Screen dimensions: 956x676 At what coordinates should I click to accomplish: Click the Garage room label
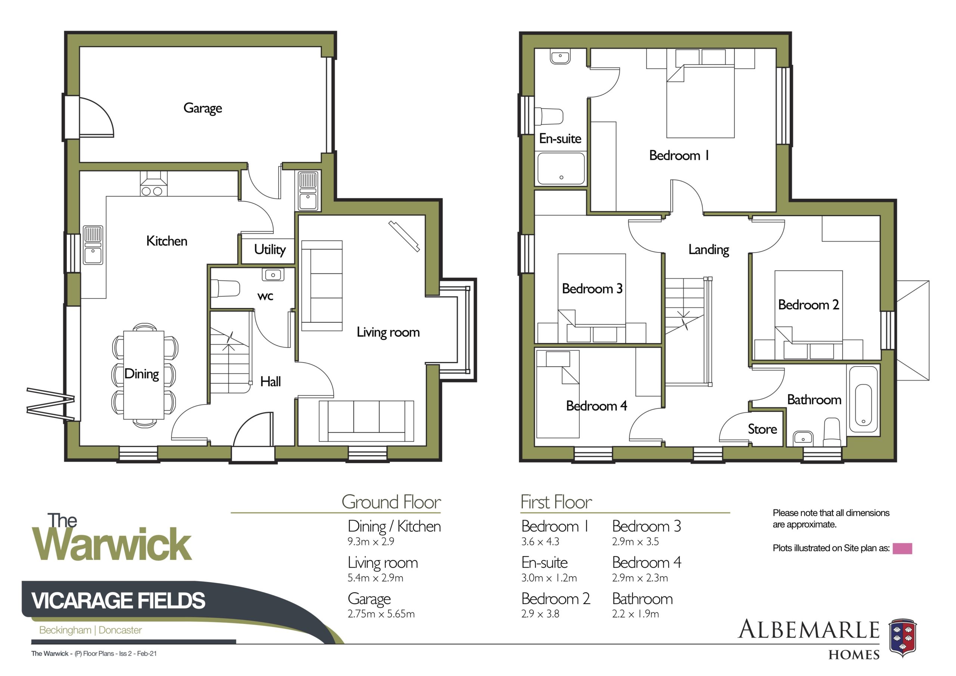[x=202, y=108]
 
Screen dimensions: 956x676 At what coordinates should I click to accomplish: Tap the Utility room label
[x=270, y=249]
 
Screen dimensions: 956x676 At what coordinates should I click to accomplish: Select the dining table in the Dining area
[x=144, y=375]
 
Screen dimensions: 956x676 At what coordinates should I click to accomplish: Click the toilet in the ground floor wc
[x=225, y=288]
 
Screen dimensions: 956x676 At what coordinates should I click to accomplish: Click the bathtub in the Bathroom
[x=863, y=399]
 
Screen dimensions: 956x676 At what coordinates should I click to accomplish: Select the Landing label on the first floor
[x=709, y=250]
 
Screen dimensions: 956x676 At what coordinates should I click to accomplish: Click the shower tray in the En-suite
[x=561, y=169]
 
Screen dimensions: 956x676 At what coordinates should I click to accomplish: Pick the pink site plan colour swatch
[x=902, y=549]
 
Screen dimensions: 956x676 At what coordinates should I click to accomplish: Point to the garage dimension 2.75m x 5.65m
[x=381, y=614]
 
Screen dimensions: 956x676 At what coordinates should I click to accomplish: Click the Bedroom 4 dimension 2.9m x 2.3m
[x=640, y=578]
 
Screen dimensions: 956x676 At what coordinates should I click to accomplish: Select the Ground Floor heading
[x=391, y=502]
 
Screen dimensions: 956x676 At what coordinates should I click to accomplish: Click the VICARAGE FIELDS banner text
[x=118, y=601]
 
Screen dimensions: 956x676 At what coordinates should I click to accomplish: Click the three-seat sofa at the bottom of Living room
[x=366, y=421]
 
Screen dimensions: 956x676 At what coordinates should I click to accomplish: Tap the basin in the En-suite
[x=560, y=57]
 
